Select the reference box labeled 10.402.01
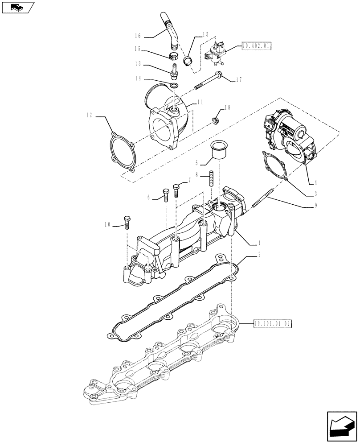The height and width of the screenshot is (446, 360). coord(256,46)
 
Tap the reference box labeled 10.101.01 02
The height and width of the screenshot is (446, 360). coord(272,324)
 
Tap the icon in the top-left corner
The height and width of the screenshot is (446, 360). coord(17,7)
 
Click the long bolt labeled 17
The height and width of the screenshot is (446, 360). coord(207,83)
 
